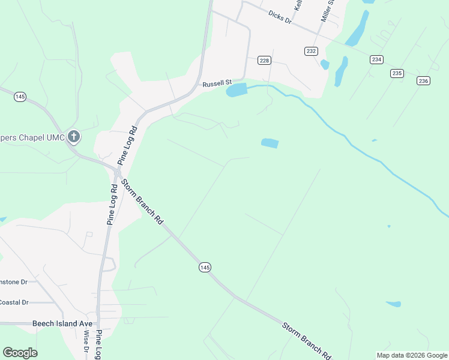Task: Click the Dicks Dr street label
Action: pos(280,16)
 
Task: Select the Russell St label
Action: pos(216,84)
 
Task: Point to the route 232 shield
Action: pos(310,52)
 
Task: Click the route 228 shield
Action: pos(265,60)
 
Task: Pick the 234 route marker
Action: pos(376,59)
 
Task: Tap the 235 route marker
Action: pos(397,73)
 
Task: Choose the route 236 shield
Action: pos(423,81)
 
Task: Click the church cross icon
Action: pos(73,137)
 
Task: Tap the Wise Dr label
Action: pos(86,342)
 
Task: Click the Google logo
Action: pos(20,353)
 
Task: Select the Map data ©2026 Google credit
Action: pos(412,355)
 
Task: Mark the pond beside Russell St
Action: pos(237,91)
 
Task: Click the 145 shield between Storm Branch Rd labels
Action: pos(205,267)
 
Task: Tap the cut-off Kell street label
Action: pos(297,6)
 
